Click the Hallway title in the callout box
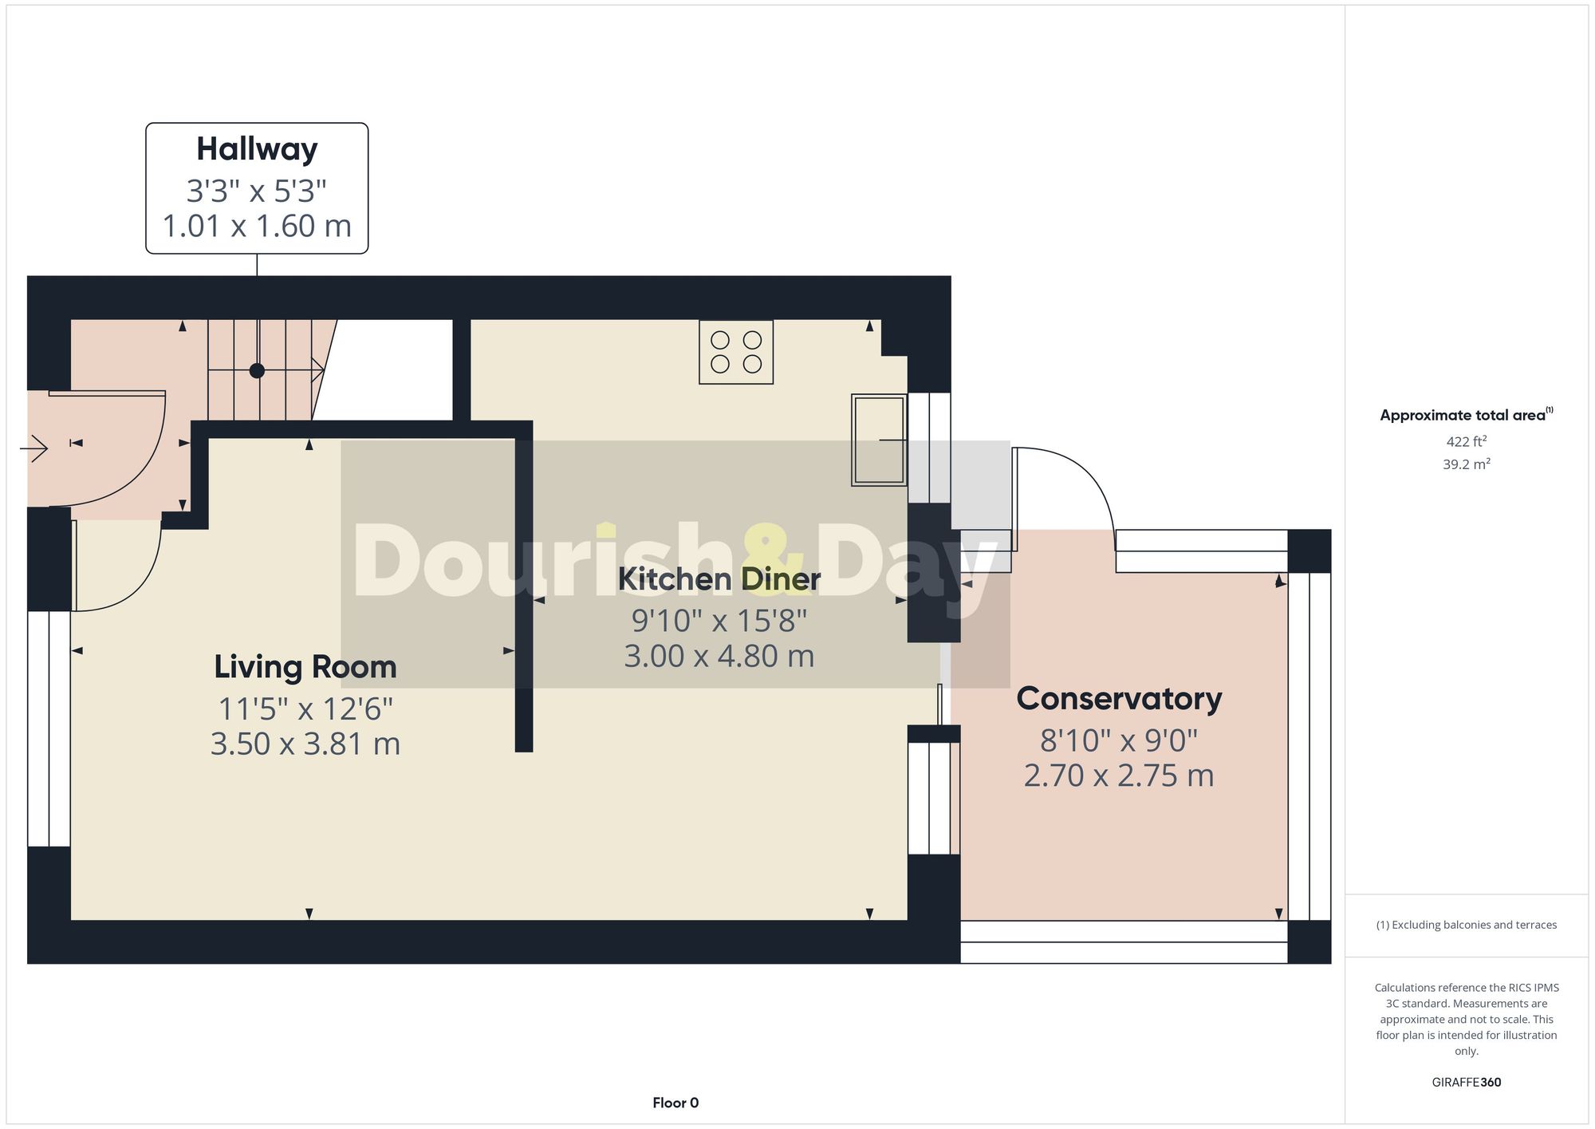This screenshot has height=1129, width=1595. [257, 149]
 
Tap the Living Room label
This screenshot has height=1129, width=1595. [305, 667]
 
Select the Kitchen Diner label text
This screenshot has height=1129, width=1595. [719, 579]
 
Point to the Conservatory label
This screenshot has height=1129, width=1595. [1119, 699]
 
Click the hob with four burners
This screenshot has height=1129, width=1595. [736, 352]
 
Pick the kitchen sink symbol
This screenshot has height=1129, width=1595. [879, 440]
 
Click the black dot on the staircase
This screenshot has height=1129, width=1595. [257, 370]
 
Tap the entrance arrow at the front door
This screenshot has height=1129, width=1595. [34, 448]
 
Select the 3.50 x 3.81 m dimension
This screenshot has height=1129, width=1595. [305, 744]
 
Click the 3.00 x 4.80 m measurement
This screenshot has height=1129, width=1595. [719, 656]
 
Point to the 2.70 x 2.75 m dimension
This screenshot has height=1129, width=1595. [1119, 776]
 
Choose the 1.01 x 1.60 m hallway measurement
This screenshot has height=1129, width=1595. [257, 227]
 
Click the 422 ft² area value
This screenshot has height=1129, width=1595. [1466, 441]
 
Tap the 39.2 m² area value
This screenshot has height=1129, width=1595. [1466, 464]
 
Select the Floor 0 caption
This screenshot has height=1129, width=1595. [675, 1103]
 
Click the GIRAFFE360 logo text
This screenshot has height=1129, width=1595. [1466, 1082]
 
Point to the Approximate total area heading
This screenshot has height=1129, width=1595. [1466, 415]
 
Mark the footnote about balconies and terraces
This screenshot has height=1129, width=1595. [1466, 925]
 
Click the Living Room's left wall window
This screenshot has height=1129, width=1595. [49, 728]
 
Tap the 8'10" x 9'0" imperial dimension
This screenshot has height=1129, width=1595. [1119, 741]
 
